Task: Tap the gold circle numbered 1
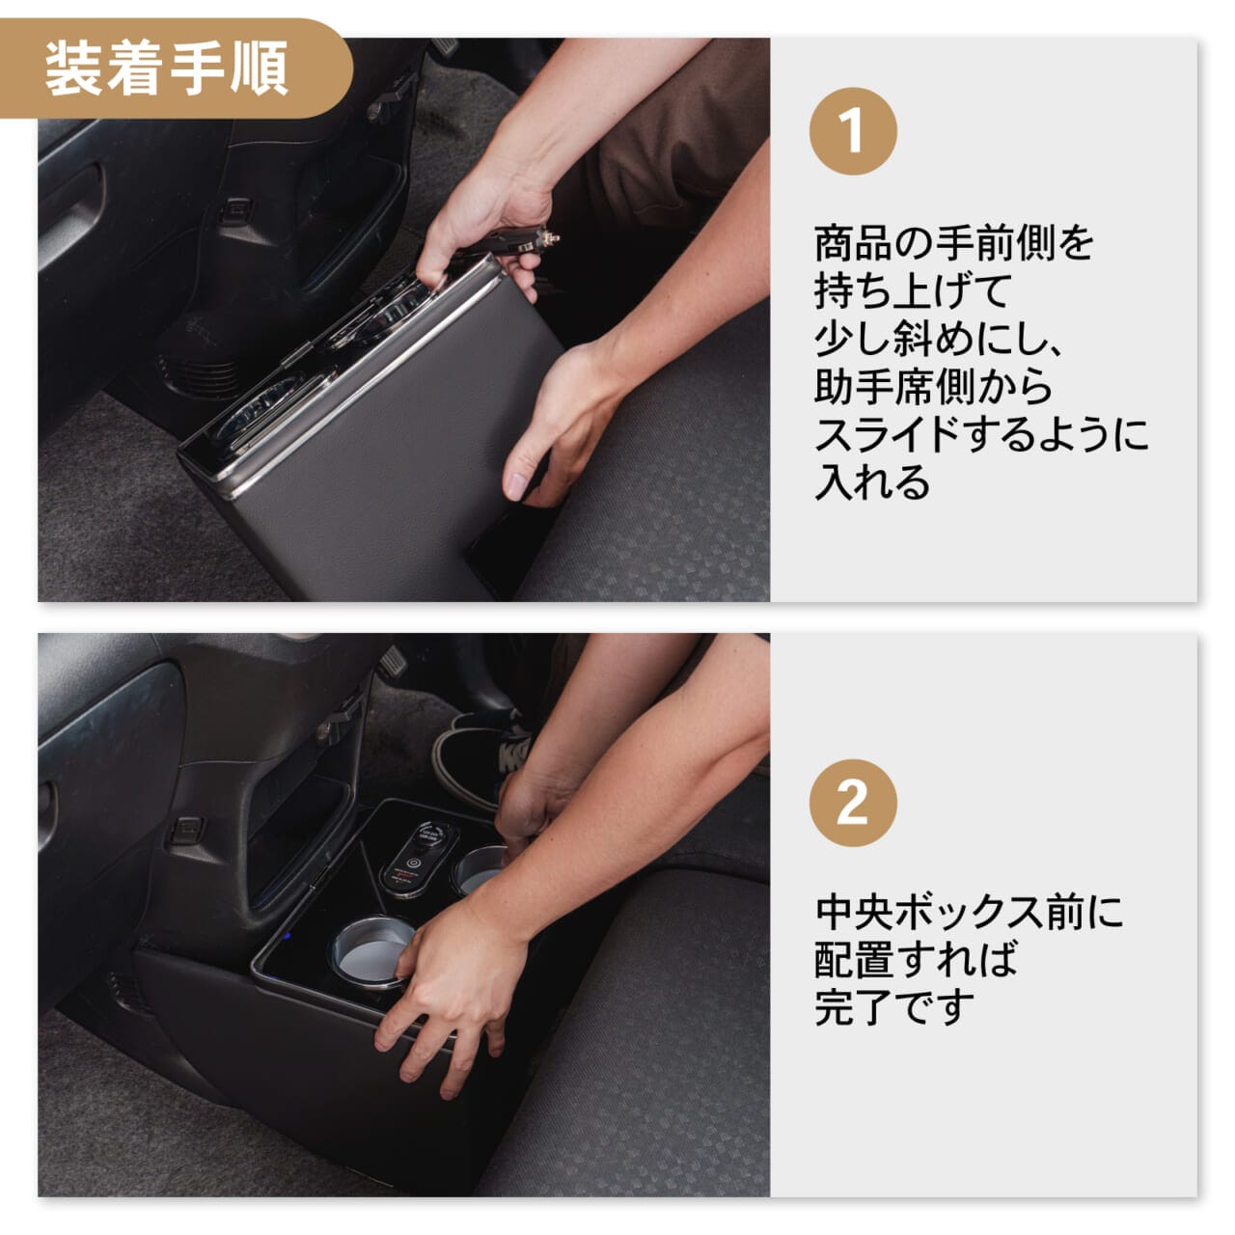pos(853,131)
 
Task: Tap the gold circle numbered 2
pos(853,802)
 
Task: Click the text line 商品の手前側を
pos(953,243)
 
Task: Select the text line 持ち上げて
pos(912,291)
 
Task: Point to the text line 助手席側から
pos(933,387)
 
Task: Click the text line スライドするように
pos(981,435)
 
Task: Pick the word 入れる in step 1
pos(872,482)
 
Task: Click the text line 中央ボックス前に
pos(969,912)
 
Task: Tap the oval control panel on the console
pos(417,854)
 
